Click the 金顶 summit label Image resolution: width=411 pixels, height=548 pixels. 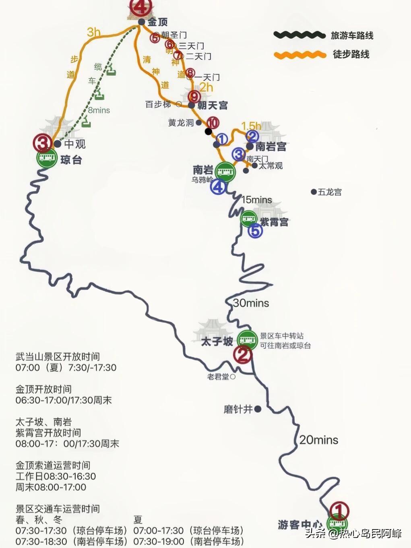tap(157, 22)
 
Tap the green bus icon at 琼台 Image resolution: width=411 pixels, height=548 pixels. tap(47, 158)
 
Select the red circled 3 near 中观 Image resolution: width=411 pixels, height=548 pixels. tap(43, 143)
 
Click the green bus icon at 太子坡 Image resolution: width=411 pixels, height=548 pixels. tap(247, 340)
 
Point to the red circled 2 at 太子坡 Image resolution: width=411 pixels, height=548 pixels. tap(243, 355)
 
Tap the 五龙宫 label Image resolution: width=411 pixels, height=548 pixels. tap(330, 192)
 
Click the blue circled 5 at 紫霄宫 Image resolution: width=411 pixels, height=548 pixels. tap(255, 231)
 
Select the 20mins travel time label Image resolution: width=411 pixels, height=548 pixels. tap(318, 440)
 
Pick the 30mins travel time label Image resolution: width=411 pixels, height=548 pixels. tap(251, 303)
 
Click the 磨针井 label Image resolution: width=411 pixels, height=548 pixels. tap(238, 409)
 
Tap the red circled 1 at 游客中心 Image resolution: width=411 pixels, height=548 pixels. tap(339, 511)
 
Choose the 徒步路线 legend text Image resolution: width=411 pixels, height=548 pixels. tap(351, 54)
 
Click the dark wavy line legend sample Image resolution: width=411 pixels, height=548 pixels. tap(299, 35)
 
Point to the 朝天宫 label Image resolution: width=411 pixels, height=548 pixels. tap(212, 105)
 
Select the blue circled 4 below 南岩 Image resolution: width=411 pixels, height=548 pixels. tap(218, 187)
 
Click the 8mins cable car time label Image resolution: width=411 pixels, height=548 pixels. tap(99, 110)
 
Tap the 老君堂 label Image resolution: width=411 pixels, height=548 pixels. tap(218, 377)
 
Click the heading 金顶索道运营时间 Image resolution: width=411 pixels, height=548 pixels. tap(53, 465)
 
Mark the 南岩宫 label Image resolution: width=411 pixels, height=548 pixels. tap(271, 147)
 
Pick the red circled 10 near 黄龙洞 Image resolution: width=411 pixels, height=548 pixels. tap(213, 123)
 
